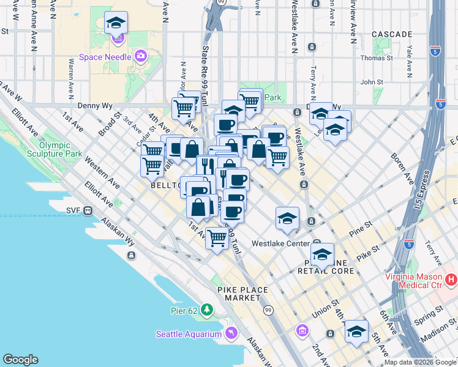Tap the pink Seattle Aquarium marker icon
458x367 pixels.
(231, 333)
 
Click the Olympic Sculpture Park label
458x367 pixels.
(59, 149)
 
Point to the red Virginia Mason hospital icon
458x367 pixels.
(451, 280)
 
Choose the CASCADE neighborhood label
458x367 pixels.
(391, 34)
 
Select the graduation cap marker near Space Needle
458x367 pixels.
(116, 24)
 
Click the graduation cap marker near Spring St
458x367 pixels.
(356, 332)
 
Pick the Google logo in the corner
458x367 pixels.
(20, 360)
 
